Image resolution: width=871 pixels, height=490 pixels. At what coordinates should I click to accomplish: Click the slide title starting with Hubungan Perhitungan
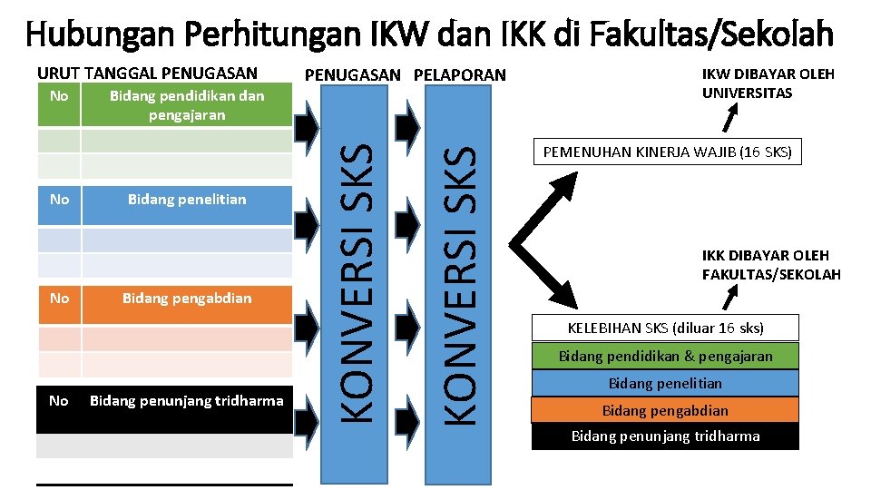click(430, 34)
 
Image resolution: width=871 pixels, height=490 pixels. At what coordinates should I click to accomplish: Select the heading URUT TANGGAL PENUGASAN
click(147, 73)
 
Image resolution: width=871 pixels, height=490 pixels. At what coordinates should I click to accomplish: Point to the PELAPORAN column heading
click(460, 74)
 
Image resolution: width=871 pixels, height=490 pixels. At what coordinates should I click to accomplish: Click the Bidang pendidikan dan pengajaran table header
click(187, 104)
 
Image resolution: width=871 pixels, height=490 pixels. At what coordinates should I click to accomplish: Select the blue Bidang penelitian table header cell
click(187, 199)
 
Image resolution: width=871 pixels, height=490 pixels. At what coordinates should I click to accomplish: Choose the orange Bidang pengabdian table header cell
click(187, 298)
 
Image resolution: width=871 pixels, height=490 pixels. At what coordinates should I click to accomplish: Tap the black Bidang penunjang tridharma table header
click(187, 400)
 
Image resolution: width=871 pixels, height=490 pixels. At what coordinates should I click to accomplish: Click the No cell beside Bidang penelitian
click(59, 199)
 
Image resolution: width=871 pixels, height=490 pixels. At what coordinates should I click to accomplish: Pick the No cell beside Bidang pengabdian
click(59, 298)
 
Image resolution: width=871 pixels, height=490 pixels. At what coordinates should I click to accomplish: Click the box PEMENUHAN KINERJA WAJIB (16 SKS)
click(668, 152)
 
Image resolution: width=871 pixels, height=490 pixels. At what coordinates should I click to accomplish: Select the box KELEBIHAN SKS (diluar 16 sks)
click(666, 328)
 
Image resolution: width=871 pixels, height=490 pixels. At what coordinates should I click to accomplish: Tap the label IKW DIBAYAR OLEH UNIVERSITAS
click(768, 83)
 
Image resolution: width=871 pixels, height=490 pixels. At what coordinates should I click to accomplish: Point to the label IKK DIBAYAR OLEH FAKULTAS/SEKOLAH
click(771, 265)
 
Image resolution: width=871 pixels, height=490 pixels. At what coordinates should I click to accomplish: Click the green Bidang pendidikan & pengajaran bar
click(666, 356)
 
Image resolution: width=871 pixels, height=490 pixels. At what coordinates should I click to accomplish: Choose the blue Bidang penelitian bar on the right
click(666, 383)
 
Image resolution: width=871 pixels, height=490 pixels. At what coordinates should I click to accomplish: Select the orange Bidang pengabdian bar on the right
click(666, 410)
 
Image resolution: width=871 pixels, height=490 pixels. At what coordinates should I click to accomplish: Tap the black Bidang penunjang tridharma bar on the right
click(666, 436)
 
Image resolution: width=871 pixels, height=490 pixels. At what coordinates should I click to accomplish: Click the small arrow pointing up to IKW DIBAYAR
click(729, 118)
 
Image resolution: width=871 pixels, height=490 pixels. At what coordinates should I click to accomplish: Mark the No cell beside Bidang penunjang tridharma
click(59, 400)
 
